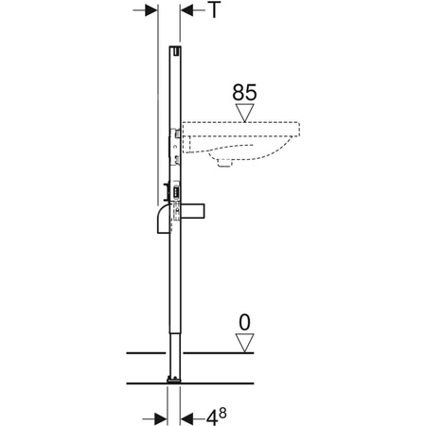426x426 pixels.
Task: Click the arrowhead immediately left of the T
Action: [186, 9]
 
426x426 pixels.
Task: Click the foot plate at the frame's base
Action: [174, 382]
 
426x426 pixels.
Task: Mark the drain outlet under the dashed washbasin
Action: [223, 162]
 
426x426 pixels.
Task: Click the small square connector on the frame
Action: [176, 193]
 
